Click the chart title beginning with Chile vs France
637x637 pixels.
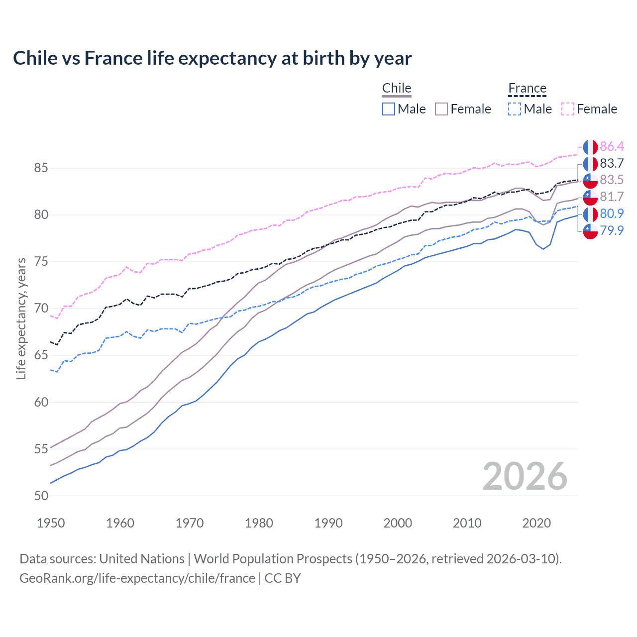click(212, 58)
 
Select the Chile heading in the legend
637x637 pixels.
click(397, 88)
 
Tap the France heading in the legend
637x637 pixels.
click(527, 88)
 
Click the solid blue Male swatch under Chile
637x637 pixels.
click(389, 109)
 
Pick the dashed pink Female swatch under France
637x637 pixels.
click(568, 109)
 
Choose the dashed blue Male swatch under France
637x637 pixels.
click(515, 109)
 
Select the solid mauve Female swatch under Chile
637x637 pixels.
click(441, 109)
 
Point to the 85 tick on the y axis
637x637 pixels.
click(41, 168)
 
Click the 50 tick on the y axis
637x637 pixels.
click(41, 496)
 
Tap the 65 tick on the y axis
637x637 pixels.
click(41, 355)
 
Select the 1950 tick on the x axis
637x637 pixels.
click(51, 523)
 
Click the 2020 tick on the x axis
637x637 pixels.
click(536, 523)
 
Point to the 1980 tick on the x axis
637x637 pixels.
click(259, 523)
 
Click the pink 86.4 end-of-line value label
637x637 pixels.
click(612, 146)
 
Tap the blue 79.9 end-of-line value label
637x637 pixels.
click(612, 230)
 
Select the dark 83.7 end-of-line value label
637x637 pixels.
click(612, 163)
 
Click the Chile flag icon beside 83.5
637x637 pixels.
click(590, 180)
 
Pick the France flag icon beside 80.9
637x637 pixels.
click(590, 214)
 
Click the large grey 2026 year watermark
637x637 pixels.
click(525, 476)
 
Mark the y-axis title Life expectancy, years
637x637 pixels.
click(21, 318)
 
